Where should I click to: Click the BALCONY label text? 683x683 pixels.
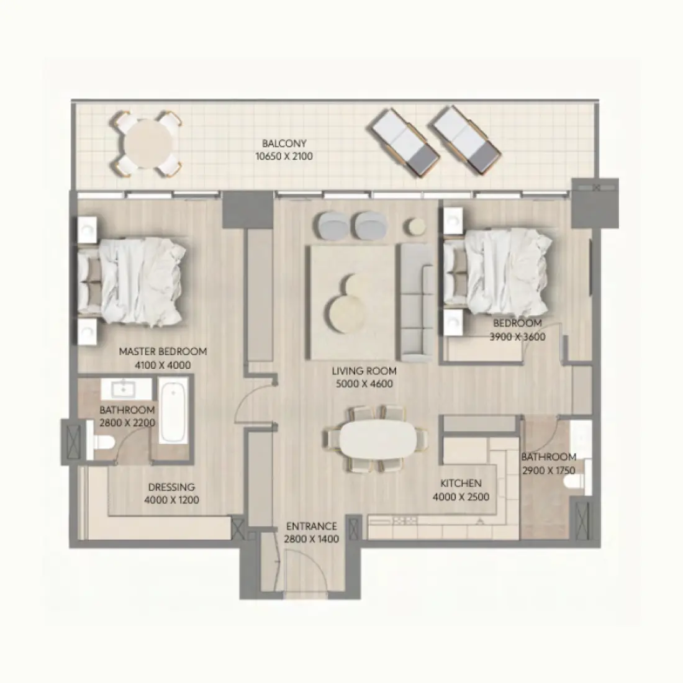coord(284,143)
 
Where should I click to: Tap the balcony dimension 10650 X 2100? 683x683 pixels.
coord(284,156)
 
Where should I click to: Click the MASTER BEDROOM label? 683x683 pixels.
coord(163,351)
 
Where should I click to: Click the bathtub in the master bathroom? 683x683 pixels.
coord(172,412)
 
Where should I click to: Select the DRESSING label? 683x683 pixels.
coord(171,487)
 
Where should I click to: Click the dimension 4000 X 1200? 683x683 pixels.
coord(171,500)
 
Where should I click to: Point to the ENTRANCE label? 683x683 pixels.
coord(311,526)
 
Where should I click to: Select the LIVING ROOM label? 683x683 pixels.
coord(364,371)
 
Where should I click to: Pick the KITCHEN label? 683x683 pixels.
coord(461,483)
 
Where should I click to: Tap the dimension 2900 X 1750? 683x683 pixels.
coord(548,470)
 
